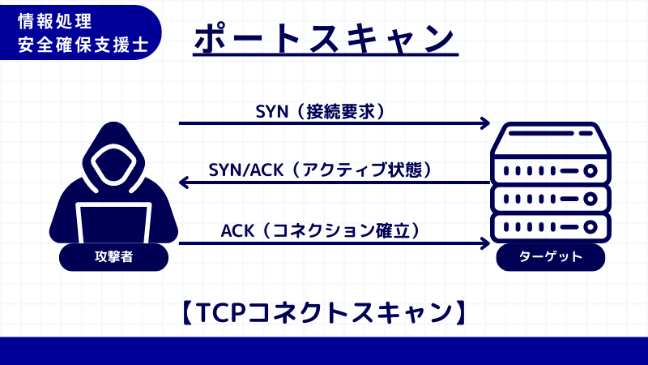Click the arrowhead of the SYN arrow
coord(486,123)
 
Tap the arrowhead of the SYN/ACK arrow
coord(184,183)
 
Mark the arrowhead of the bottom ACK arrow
coord(486,243)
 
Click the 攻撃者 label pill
coord(113,257)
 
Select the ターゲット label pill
coord(551,257)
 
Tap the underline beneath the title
coord(326,57)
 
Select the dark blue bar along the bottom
coord(324,350)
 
